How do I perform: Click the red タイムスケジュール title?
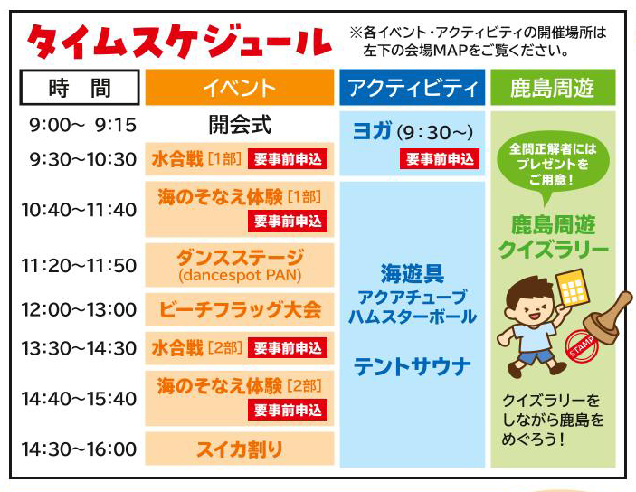pos(179,43)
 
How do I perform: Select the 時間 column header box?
pos(80,87)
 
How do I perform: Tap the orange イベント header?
pos(240,87)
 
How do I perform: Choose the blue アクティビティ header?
pos(413,87)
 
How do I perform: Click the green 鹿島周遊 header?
pos(553,87)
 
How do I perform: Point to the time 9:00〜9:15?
pos(82,125)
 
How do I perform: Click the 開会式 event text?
pos(240,124)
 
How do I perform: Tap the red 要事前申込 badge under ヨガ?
pos(440,158)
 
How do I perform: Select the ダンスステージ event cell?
pos(240,265)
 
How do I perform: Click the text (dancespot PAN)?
pos(240,276)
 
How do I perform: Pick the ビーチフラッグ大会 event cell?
pos(240,309)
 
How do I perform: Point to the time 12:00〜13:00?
pos(79,309)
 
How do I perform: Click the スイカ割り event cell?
pos(240,449)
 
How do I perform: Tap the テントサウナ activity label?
pos(413,366)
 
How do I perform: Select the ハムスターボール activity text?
pos(413,317)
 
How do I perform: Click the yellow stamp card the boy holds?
pos(572,288)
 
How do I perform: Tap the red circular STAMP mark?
pos(582,346)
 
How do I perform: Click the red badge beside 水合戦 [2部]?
pos(288,348)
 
